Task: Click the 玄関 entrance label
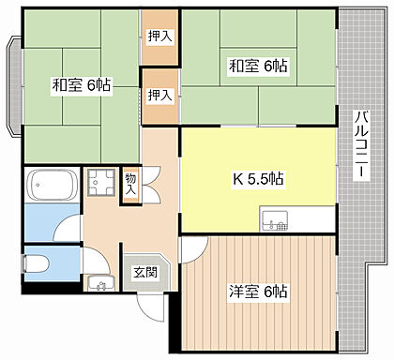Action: (x=145, y=273)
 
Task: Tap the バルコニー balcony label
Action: (x=361, y=144)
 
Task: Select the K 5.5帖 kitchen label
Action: (x=258, y=179)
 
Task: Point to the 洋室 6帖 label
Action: (x=258, y=292)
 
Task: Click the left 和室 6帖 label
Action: (x=82, y=84)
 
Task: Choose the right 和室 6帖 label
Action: (x=258, y=66)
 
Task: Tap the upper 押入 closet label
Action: (x=159, y=37)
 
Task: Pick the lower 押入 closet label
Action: (x=159, y=95)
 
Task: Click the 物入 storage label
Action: (x=131, y=184)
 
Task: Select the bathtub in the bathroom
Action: (x=53, y=185)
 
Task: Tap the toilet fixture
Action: (x=36, y=263)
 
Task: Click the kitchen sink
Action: (x=275, y=221)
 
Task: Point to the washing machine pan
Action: (x=101, y=182)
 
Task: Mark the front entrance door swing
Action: (x=151, y=307)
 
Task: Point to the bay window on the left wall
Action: (x=15, y=86)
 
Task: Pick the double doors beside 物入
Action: (x=152, y=185)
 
